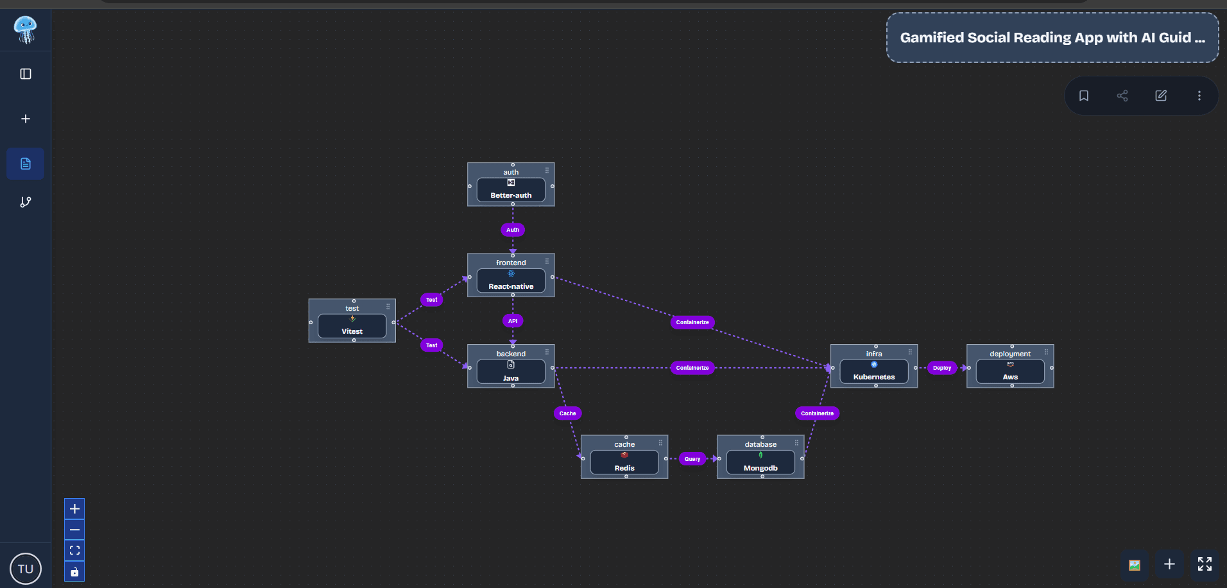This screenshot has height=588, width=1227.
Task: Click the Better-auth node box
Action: pyautogui.click(x=511, y=190)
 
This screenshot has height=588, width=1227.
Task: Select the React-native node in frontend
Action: pyautogui.click(x=511, y=281)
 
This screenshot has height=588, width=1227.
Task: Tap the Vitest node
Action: pyautogui.click(x=352, y=326)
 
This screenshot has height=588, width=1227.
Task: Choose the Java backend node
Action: pyautogui.click(x=511, y=372)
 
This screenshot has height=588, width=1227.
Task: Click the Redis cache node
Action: pyautogui.click(x=624, y=463)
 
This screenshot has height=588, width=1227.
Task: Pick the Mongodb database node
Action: pyautogui.click(x=760, y=463)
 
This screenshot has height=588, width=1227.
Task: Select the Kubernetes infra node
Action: pyautogui.click(x=874, y=372)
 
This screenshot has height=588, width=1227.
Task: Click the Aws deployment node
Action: pyautogui.click(x=1010, y=372)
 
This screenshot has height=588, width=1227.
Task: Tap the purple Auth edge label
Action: pyautogui.click(x=513, y=230)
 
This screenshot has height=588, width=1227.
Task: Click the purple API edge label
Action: pyautogui.click(x=513, y=321)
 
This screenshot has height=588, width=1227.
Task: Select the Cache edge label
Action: pyautogui.click(x=567, y=413)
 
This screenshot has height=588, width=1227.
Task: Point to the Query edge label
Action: pyautogui.click(x=692, y=459)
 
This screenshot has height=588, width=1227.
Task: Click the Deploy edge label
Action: pyautogui.click(x=942, y=368)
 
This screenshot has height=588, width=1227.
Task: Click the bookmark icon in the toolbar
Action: pyautogui.click(x=1084, y=96)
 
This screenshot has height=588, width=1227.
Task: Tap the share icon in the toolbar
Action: pyautogui.click(x=1122, y=96)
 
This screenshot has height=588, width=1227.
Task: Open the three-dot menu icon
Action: pyautogui.click(x=1199, y=96)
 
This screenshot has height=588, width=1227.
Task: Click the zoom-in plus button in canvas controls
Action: pyautogui.click(x=74, y=509)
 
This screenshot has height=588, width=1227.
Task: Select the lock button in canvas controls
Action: pyautogui.click(x=74, y=572)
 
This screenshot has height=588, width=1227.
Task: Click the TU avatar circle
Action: pyautogui.click(x=26, y=569)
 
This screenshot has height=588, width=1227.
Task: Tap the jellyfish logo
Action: pyautogui.click(x=26, y=30)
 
